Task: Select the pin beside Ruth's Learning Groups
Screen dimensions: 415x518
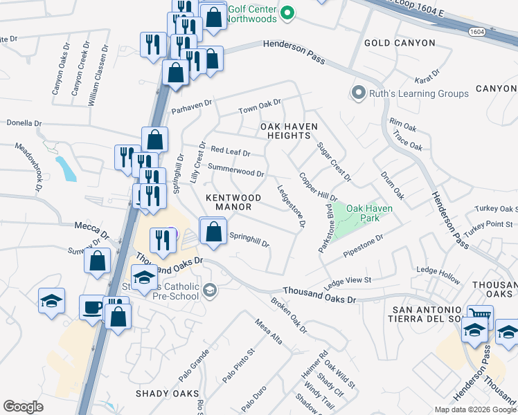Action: [x=358, y=93]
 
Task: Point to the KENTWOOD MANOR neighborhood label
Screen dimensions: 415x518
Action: [x=233, y=202]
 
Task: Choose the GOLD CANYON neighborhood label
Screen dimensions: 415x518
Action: [x=400, y=43]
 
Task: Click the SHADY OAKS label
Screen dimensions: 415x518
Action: [x=167, y=394]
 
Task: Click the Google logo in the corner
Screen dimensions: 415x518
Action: [x=23, y=407]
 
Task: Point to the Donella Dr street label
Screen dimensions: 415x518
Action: [x=24, y=123]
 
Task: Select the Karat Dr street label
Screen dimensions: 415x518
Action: [x=427, y=73]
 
